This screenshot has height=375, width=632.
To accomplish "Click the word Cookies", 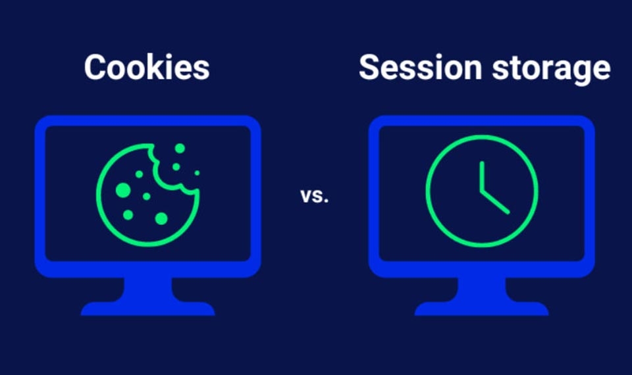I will point(147,68).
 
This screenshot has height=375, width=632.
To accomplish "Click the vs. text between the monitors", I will point(315,195).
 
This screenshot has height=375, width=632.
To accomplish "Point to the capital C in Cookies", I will point(96,68).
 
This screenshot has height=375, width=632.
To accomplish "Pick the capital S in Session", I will point(370,68).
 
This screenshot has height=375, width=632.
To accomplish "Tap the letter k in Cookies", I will point(159,67).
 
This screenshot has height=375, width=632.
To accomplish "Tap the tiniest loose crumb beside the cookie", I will point(197,172).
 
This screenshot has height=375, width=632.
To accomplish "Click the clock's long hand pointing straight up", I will point(481,174).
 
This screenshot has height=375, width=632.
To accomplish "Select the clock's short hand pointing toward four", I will point(495,202).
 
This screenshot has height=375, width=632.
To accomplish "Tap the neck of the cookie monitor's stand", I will point(148,289).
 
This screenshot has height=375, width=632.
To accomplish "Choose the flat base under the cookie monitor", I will point(148,309).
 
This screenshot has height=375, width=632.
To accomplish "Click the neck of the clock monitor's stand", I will point(481,289).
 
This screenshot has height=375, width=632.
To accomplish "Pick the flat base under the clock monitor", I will point(481,309).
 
